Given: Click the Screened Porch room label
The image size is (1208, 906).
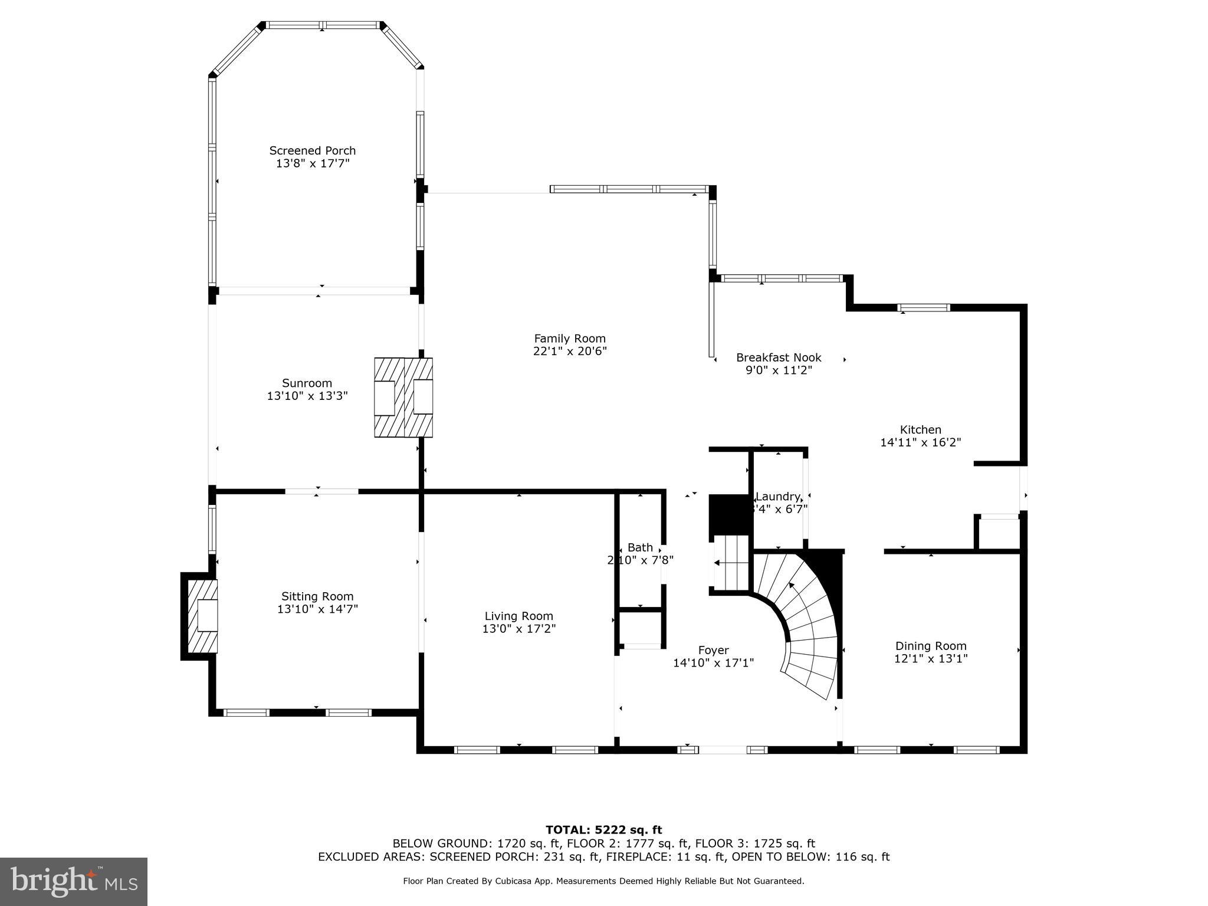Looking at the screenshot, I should (x=313, y=150).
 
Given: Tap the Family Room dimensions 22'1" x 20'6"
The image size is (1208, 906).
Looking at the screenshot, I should (x=569, y=352).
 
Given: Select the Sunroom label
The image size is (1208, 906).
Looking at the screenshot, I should (x=307, y=383).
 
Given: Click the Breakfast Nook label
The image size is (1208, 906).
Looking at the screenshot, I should (x=779, y=357).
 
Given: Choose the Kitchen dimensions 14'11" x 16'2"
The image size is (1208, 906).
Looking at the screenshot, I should (x=920, y=442).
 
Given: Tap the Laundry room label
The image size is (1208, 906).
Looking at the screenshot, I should (x=778, y=497).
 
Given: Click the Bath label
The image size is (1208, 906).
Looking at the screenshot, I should (x=640, y=547).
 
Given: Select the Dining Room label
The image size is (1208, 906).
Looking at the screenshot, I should (x=931, y=646).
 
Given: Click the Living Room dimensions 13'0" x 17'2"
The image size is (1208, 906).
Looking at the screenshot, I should (x=519, y=629).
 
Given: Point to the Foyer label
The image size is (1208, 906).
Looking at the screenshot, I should (x=713, y=650).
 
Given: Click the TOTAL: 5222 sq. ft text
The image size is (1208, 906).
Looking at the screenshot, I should (x=603, y=830).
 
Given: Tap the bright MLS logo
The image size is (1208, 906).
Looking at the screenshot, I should (x=74, y=882).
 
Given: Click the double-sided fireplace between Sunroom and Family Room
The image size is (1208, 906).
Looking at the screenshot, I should (x=403, y=398).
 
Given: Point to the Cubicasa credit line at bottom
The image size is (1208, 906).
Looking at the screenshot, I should (x=603, y=881).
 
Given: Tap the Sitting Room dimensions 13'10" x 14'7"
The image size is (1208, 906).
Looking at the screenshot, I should (x=318, y=609).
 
